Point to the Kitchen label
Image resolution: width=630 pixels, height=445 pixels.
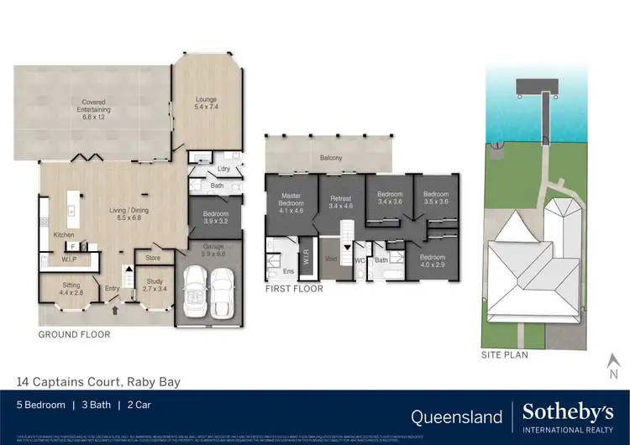tap(65, 235)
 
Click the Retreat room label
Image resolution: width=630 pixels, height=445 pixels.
tap(340, 200)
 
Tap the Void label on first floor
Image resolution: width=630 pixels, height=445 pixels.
tap(331, 259)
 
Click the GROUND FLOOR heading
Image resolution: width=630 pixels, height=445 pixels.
tap(74, 334)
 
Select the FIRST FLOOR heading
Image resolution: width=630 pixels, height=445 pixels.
tap(294, 289)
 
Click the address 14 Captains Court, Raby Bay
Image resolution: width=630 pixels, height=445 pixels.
tap(98, 381)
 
